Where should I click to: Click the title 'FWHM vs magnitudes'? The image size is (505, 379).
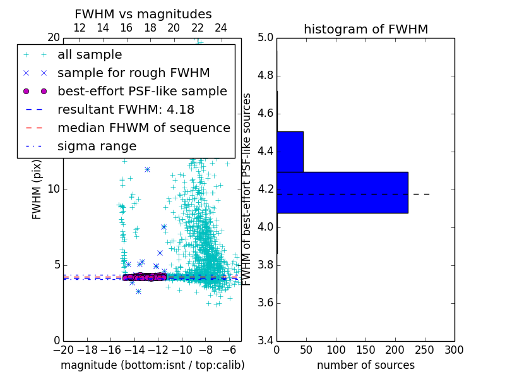coord(143,15)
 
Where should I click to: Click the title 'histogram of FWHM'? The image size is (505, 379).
coord(365,29)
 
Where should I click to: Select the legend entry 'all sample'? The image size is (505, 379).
coord(90,55)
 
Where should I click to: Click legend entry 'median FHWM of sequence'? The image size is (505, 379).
coord(143,128)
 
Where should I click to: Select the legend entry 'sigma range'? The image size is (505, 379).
coord(97,146)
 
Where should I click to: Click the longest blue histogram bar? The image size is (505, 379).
coord(342,192)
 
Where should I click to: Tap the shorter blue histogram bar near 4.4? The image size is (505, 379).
coord(290,152)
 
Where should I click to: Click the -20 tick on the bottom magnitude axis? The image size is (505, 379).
coord(63,349)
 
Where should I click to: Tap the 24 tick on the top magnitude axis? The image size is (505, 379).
coord(221,28)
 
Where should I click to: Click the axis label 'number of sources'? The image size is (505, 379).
coord(365,365)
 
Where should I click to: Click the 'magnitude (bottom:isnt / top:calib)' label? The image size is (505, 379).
coord(152,365)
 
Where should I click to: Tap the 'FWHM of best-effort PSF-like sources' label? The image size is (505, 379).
coord(247,189)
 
